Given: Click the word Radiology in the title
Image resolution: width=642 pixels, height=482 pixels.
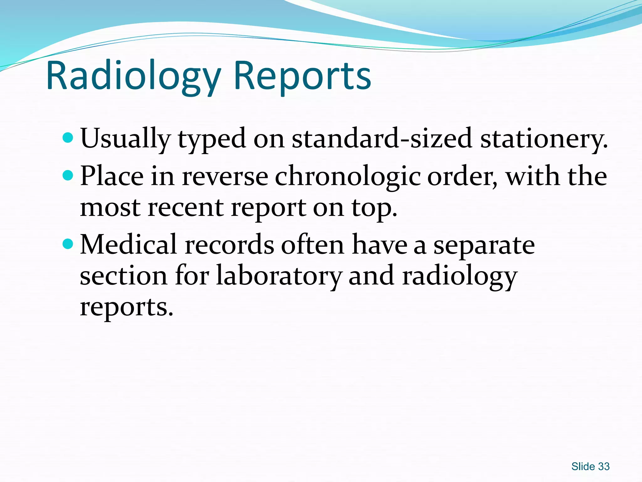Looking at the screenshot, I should [x=133, y=76].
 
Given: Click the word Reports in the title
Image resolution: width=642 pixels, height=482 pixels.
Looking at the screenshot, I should [x=302, y=76].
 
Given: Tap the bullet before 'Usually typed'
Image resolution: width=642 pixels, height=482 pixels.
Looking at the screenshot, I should [x=68, y=137].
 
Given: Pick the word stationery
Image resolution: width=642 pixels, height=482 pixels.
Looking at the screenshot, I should [x=544, y=138].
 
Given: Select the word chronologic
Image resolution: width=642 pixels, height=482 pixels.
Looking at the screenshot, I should [x=348, y=176].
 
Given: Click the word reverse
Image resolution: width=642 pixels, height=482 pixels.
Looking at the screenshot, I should [x=225, y=176].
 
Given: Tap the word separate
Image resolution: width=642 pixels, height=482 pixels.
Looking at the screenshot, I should [x=484, y=245].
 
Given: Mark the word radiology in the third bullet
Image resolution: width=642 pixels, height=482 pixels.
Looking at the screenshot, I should [x=460, y=276].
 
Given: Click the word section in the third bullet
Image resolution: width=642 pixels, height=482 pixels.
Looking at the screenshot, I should [x=124, y=276].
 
